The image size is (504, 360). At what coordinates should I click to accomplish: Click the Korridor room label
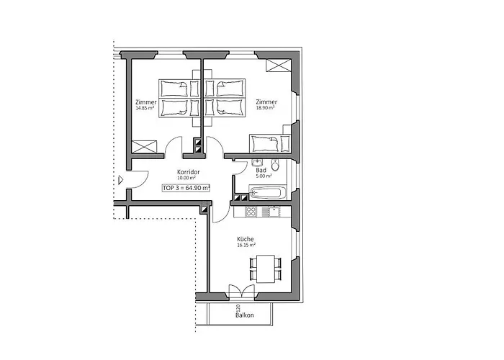188,173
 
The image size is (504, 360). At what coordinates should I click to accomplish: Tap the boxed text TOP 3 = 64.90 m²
186,187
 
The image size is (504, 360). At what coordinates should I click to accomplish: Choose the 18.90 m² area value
267,109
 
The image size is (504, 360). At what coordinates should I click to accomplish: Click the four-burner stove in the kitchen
252,212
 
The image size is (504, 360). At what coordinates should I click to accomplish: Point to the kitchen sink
275,212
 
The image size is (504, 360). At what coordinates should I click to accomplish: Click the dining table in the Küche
267,268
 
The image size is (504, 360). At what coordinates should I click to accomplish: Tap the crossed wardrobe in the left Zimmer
145,144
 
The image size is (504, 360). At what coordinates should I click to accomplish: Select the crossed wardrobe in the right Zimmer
276,66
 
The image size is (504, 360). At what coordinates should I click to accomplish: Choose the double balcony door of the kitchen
239,292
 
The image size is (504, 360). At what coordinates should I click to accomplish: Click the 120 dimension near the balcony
238,307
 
